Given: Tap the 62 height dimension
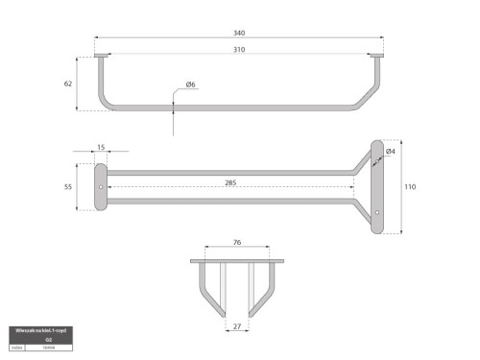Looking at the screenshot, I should (68, 84).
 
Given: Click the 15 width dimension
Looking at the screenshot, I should (101, 148).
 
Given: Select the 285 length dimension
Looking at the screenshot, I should (230, 180).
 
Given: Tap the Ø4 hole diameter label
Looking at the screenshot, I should (391, 152).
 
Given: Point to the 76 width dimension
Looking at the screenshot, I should (237, 243).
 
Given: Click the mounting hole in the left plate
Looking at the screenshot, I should (101, 181).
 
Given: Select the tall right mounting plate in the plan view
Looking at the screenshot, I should (377, 186).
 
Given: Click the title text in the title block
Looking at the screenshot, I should (39, 329).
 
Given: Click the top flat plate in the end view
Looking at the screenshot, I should (237, 259).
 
